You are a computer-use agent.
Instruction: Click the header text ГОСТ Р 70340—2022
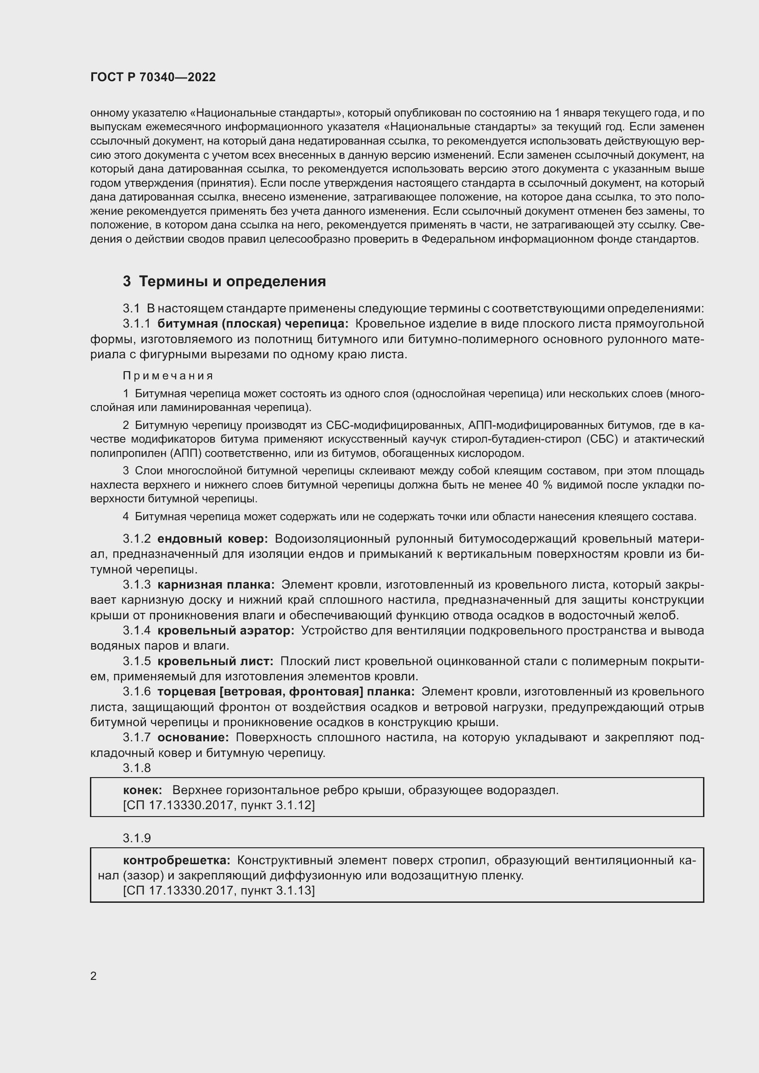pos(153,77)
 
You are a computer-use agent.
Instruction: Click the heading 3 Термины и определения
pos(224,281)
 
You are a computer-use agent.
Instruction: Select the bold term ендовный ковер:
pos(212,539)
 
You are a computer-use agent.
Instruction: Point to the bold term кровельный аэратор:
pos(225,630)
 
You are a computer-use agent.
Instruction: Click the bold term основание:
pos(193,738)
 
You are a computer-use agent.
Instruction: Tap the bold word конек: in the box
pos(143,790)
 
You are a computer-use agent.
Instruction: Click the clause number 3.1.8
pos(136,768)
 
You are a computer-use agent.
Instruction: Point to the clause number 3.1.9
pos(136,838)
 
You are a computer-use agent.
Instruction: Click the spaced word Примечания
pos(168,376)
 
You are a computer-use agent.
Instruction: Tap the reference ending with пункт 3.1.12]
pos(219,805)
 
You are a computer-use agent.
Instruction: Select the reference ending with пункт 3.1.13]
pos(219,890)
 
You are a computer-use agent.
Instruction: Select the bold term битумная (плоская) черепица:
pos(252,324)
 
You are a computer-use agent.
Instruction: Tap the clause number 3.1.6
pos(136,692)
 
